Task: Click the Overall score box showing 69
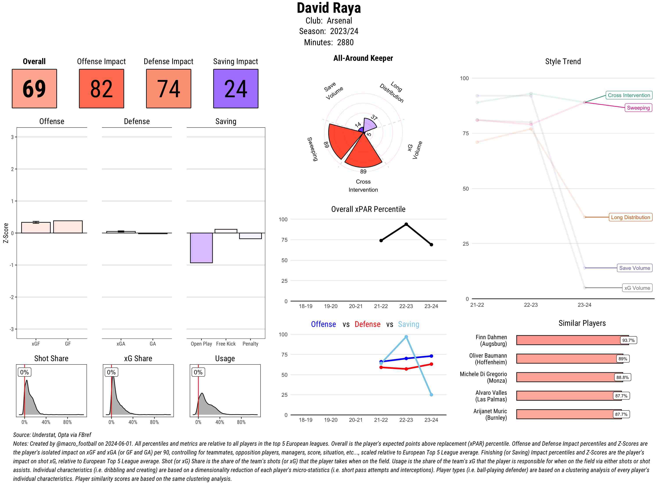point(34,89)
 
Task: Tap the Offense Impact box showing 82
point(101,89)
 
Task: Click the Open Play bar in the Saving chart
point(201,248)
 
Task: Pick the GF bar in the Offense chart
point(68,227)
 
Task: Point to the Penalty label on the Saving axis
point(250,344)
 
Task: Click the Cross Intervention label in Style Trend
point(629,95)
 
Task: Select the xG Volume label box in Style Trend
point(637,288)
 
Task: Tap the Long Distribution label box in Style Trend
point(630,217)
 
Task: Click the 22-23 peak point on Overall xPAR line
point(406,224)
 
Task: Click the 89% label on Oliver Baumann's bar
point(622,359)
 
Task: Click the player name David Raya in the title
point(329,8)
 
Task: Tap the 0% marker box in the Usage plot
point(198,372)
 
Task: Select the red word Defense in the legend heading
point(367,324)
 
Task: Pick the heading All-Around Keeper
point(363,58)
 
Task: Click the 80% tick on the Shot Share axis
point(68,422)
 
